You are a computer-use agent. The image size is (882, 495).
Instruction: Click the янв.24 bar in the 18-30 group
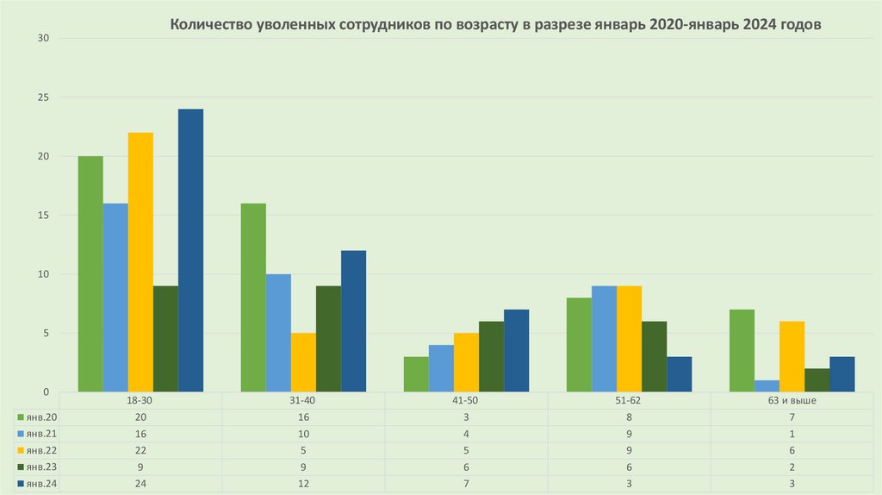(190, 250)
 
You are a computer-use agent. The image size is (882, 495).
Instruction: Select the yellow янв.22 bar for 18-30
(140, 262)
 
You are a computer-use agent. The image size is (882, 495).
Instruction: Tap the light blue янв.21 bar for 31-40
(278, 333)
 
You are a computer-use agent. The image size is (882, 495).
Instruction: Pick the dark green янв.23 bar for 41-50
(491, 357)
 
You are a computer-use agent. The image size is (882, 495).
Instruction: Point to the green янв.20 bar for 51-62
(579, 345)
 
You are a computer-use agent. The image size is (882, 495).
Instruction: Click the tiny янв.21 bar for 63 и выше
(767, 386)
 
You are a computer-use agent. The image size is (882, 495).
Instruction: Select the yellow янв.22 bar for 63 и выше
(792, 357)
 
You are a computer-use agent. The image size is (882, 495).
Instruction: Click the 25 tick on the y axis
(43, 97)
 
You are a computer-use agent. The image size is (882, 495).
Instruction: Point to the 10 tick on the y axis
(43, 274)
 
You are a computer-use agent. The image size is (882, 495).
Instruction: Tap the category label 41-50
(465, 401)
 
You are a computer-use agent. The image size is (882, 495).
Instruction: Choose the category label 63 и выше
(792, 401)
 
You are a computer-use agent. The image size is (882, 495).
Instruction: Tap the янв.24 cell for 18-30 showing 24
(140, 484)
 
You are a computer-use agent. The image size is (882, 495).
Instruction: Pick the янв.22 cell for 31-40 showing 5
(303, 450)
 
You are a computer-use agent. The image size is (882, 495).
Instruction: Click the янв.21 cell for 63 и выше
(792, 434)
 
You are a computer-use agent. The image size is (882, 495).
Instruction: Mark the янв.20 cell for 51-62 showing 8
(629, 417)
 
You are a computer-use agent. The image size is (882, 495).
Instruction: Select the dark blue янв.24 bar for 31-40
(353, 321)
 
